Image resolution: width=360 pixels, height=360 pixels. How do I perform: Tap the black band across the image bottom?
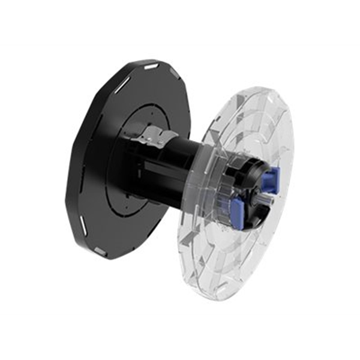pos(180,337)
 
